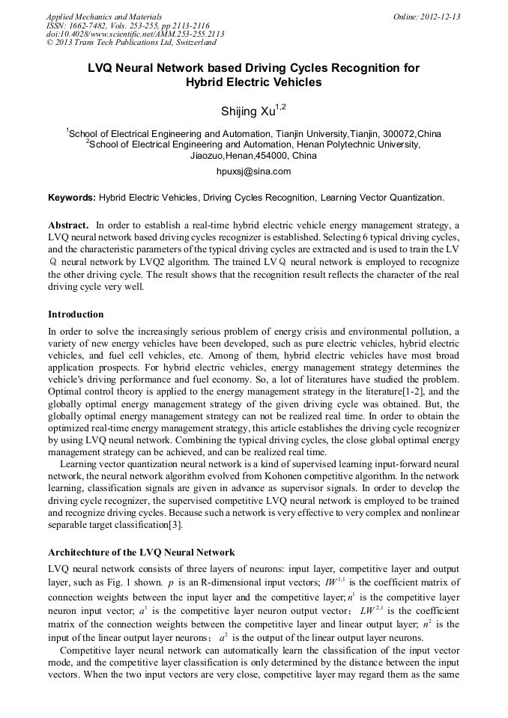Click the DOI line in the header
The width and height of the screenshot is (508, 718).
point(135,34)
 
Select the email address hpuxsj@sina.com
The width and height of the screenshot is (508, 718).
point(253,171)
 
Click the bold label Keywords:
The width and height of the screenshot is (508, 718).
point(72,198)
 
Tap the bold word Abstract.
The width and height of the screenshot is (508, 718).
point(68,225)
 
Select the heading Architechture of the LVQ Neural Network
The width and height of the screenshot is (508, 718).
point(142,553)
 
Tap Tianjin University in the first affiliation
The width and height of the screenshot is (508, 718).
point(309,133)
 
